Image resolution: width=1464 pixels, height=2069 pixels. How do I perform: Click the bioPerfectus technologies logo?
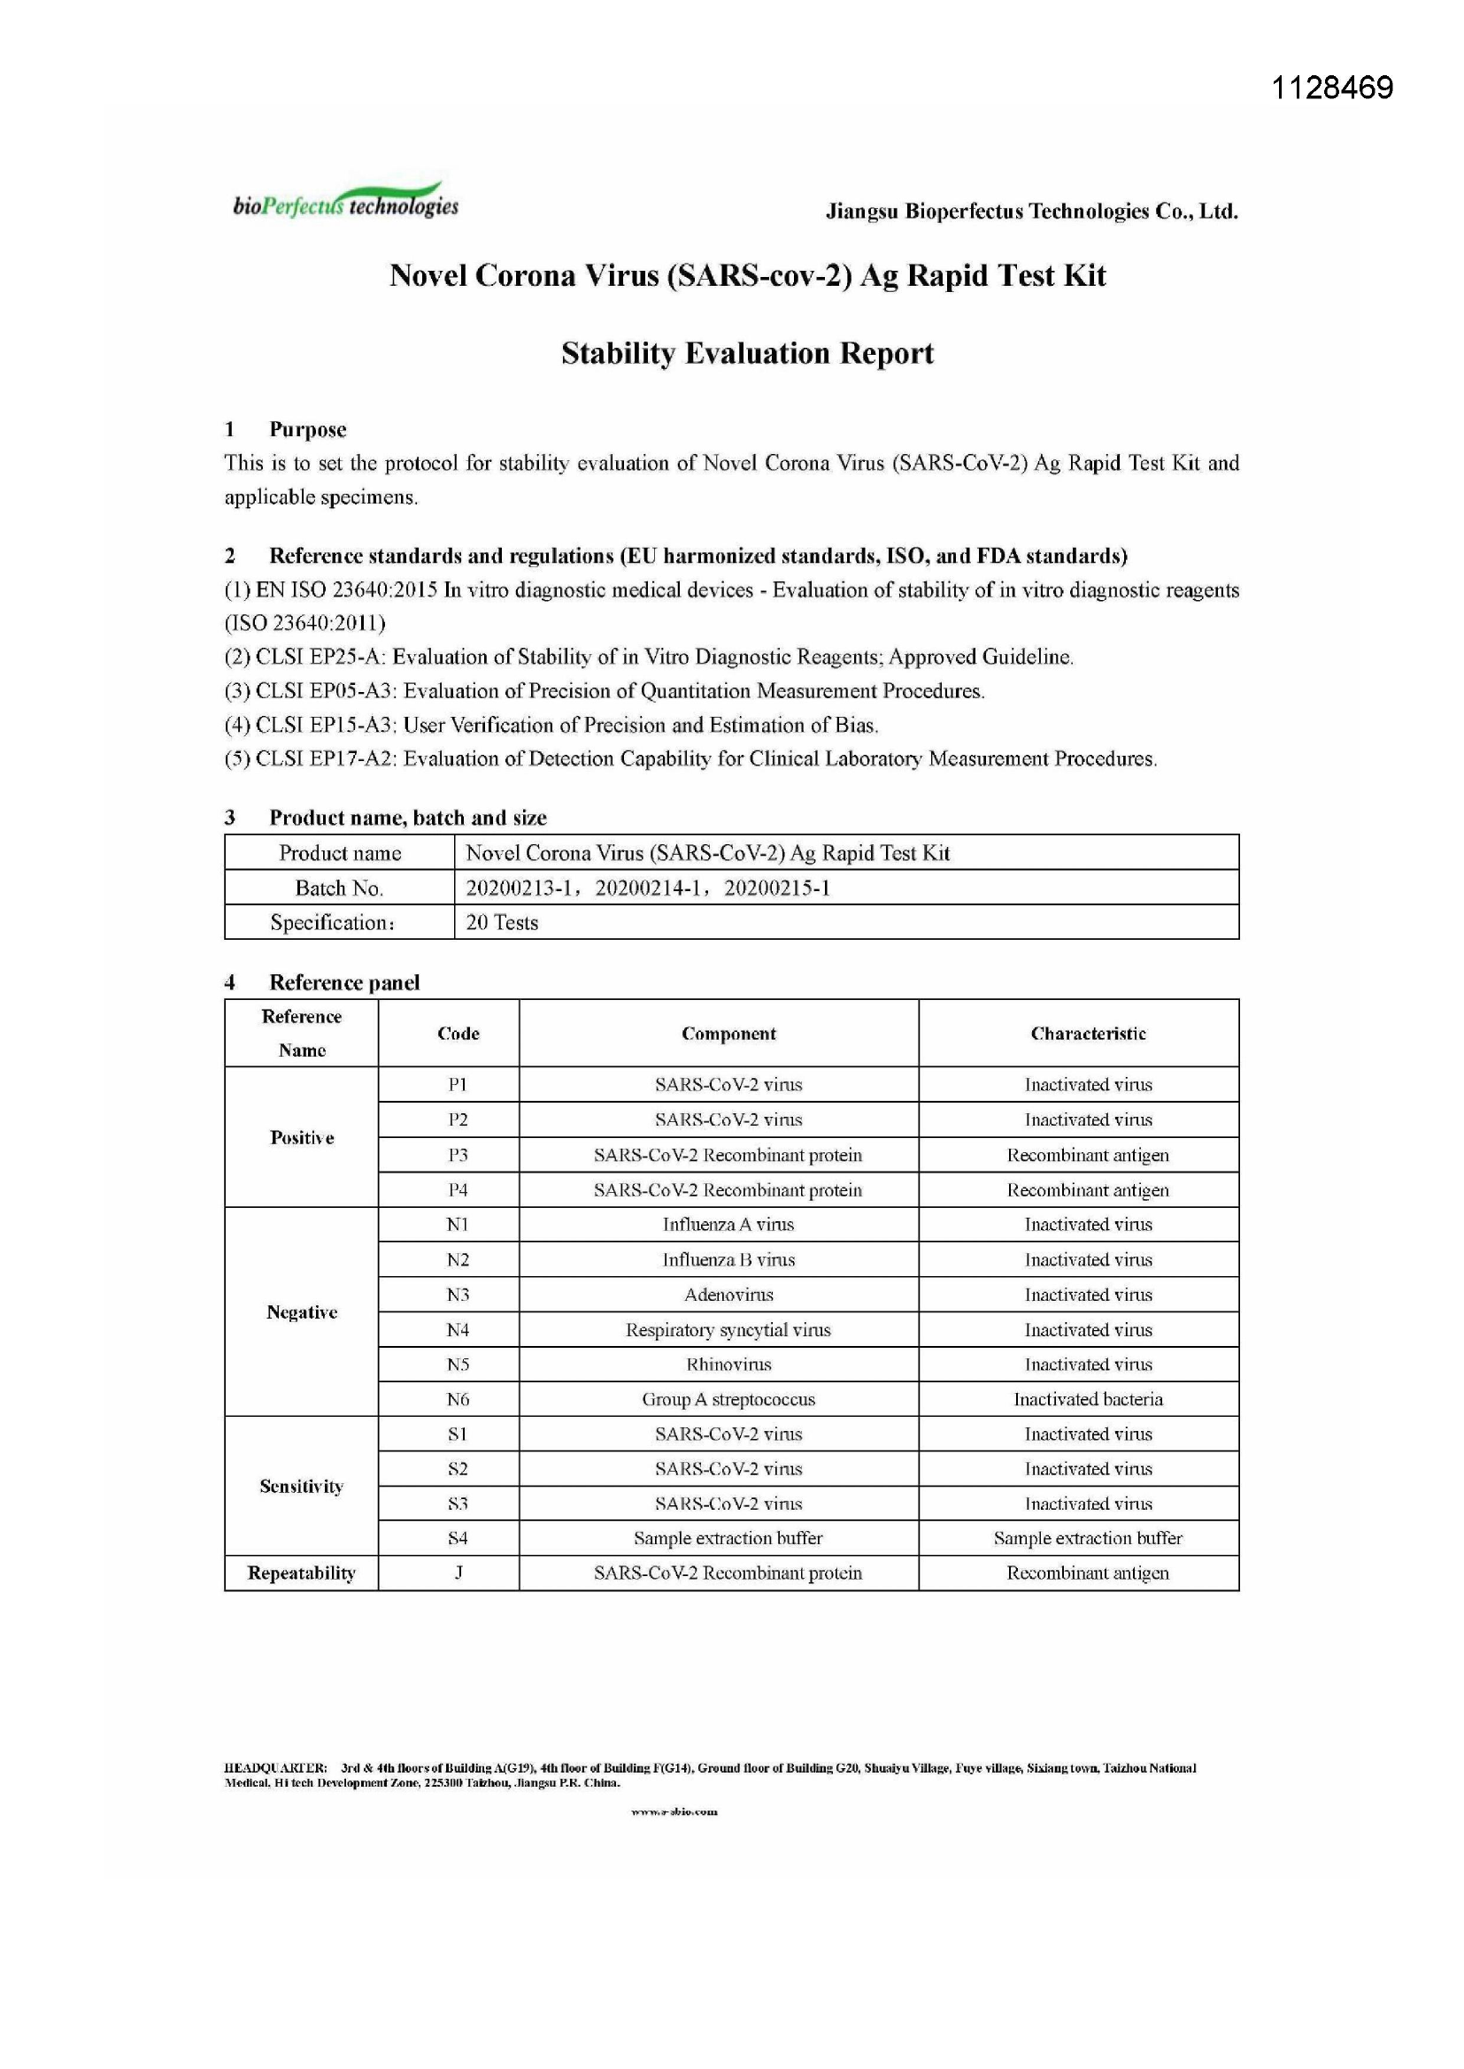(x=345, y=204)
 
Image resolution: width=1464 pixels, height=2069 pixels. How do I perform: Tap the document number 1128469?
(x=1331, y=88)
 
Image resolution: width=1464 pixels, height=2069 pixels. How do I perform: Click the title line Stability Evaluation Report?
(x=746, y=353)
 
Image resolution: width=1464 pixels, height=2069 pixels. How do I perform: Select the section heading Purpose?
(x=307, y=429)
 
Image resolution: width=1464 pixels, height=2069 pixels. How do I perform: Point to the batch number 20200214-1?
(x=647, y=888)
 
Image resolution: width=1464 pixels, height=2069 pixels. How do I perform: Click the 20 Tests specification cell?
(x=502, y=922)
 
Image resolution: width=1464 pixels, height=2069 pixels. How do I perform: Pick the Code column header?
(x=458, y=1034)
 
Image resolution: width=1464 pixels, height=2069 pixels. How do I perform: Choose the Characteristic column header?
(x=1088, y=1034)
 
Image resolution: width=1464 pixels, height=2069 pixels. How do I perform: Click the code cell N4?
(x=458, y=1329)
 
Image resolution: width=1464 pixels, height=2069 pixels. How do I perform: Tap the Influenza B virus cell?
(x=728, y=1260)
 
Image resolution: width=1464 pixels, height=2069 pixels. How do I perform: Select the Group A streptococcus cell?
(x=728, y=1398)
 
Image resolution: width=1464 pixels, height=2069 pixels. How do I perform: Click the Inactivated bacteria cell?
(x=1088, y=1398)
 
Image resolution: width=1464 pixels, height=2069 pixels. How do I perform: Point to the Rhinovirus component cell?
(x=728, y=1365)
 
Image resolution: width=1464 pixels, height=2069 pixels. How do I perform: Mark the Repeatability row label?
(x=301, y=1573)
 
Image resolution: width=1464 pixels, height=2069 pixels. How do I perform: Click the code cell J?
(x=458, y=1573)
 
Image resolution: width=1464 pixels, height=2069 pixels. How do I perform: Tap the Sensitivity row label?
(x=301, y=1486)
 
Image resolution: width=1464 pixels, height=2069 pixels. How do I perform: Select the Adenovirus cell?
(x=728, y=1295)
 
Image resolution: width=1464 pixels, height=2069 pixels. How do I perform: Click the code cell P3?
(x=458, y=1155)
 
